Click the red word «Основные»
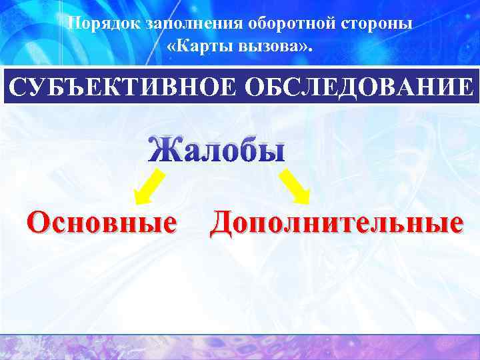point(101,221)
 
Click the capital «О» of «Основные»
point(38,221)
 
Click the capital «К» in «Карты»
point(182,48)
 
